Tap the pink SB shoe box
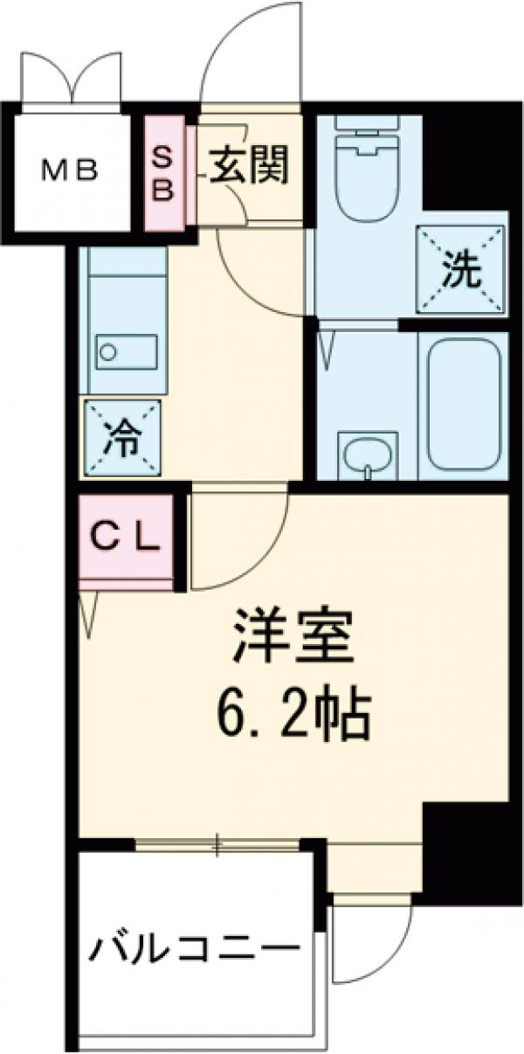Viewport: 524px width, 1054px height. pos(164,173)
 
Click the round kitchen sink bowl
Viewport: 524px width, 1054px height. pos(108,351)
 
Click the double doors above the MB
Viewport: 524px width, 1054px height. pos(72,79)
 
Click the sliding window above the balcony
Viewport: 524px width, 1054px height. pos(218,844)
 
